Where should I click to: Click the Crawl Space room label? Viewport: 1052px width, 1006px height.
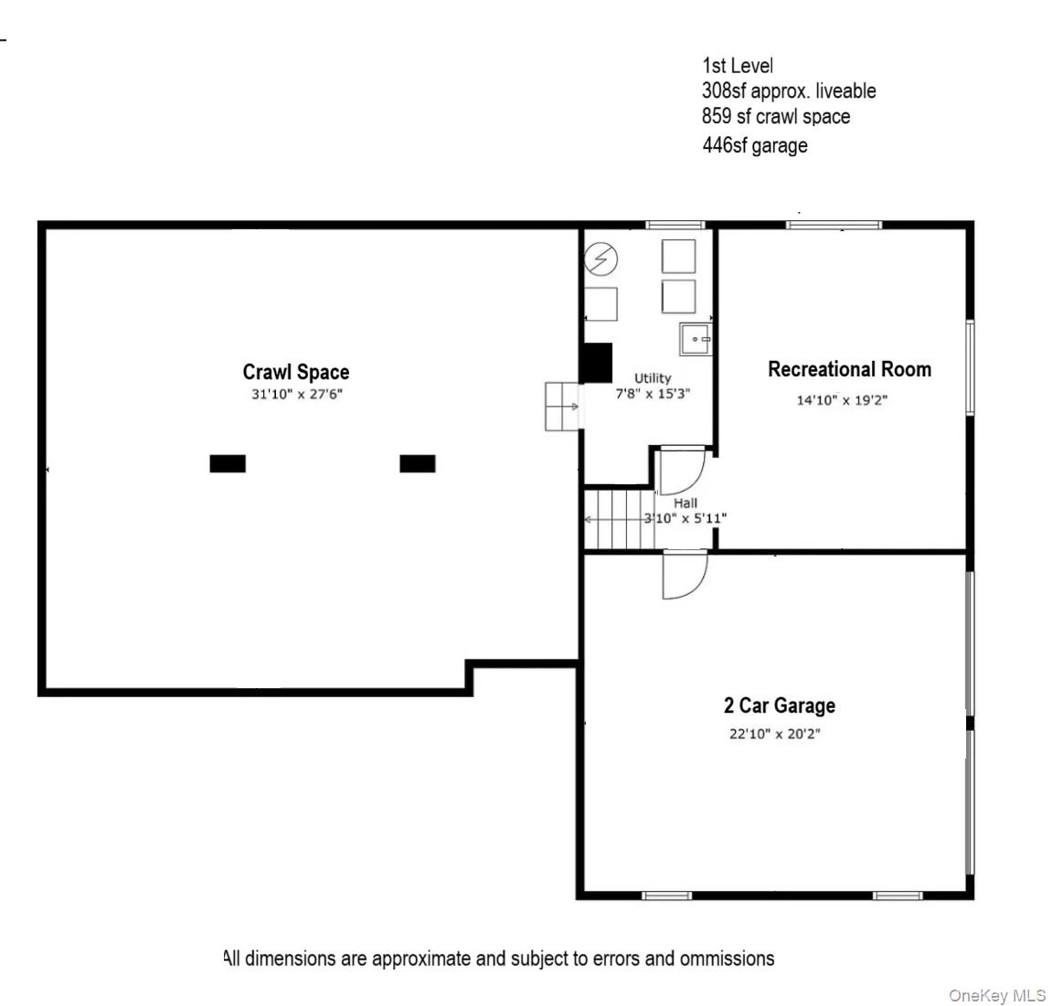click(x=295, y=372)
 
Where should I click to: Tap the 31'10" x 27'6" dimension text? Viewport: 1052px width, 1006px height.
click(x=296, y=395)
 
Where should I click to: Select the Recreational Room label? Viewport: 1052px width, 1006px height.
click(x=849, y=369)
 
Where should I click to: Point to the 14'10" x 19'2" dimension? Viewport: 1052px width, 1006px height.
click(x=842, y=399)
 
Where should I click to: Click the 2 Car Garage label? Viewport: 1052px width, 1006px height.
click(x=779, y=705)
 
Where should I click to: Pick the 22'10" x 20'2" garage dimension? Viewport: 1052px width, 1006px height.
click(x=774, y=734)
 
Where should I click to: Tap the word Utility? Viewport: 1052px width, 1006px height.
click(x=653, y=377)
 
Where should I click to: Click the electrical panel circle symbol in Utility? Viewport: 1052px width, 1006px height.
click(x=600, y=259)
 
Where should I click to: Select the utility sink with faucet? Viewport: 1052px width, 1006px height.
click(x=695, y=339)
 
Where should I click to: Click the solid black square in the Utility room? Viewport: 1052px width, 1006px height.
click(x=598, y=363)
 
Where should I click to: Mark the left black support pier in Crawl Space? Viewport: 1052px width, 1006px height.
click(x=228, y=463)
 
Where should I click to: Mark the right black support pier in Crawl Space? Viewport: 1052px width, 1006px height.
click(x=418, y=463)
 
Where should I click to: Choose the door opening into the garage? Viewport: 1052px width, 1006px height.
click(x=684, y=576)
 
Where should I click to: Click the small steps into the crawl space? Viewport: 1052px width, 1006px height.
click(x=562, y=406)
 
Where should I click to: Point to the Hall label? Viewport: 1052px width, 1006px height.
click(x=685, y=503)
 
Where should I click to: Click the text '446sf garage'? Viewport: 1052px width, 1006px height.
click(x=754, y=145)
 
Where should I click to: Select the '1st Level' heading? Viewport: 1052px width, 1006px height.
click(x=737, y=66)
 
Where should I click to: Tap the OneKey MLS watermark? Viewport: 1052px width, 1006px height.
click(x=996, y=995)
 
